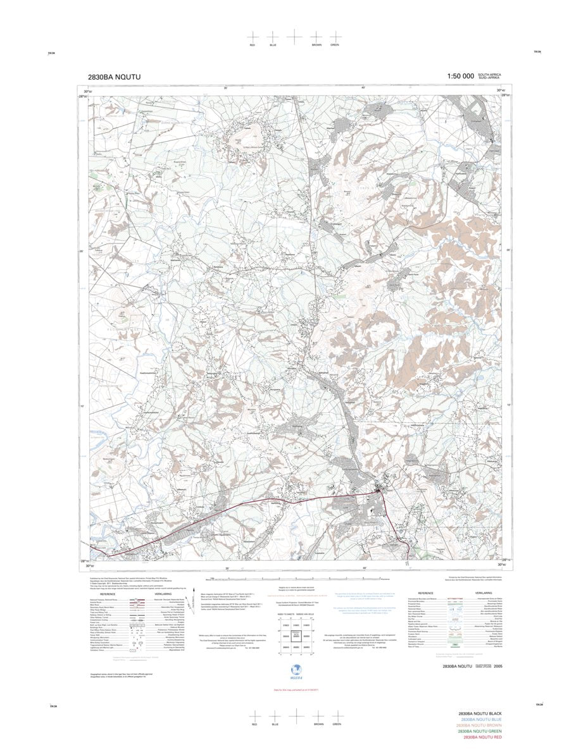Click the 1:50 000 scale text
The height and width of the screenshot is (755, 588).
pyautogui.click(x=460, y=77)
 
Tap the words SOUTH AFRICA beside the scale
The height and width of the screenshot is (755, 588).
pyautogui.click(x=489, y=75)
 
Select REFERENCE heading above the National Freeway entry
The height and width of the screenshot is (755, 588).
pyautogui.click(x=108, y=594)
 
